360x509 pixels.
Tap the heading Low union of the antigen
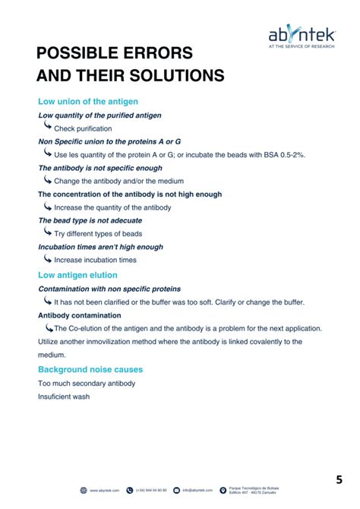click(x=87, y=101)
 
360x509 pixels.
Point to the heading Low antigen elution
click(x=77, y=274)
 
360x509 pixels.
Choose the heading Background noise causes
click(x=90, y=369)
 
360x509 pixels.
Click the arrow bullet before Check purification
click(x=48, y=128)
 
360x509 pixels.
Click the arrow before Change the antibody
click(x=48, y=181)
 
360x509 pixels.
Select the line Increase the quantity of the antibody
click(x=112, y=207)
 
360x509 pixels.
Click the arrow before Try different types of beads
click(x=48, y=233)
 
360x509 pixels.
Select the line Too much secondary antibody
click(x=87, y=383)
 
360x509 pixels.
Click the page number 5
click(x=339, y=480)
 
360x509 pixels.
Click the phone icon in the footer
click(x=130, y=490)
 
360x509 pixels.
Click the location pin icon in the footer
click(x=223, y=490)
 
